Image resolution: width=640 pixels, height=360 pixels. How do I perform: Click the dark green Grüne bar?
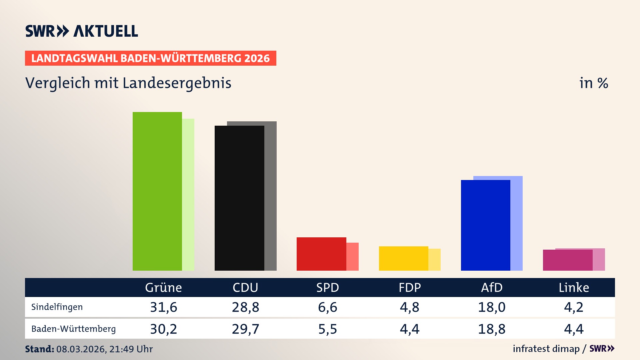tap(157, 192)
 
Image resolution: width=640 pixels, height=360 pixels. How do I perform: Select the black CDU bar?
tap(239, 198)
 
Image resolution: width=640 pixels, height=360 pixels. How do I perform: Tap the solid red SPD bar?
tap(321, 254)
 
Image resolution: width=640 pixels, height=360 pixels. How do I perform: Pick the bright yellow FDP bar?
tap(403, 258)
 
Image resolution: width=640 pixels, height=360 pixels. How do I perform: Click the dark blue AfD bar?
tap(485, 225)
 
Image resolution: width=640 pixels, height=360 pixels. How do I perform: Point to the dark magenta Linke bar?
tap(567, 260)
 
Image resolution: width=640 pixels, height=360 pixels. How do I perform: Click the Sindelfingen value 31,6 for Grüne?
tap(163, 307)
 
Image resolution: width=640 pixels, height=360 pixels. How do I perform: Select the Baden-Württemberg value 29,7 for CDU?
tap(245, 329)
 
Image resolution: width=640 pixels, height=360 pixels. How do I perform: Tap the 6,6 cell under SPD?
tap(327, 307)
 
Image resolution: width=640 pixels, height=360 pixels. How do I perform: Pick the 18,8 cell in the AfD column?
tap(492, 329)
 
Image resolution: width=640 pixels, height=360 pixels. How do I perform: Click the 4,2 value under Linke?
tap(574, 307)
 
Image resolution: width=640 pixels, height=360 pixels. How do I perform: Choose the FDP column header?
tap(410, 287)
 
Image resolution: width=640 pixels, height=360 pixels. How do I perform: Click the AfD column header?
tap(492, 287)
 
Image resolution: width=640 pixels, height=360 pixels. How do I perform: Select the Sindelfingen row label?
tap(57, 307)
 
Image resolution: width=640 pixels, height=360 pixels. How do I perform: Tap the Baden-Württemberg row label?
tap(73, 329)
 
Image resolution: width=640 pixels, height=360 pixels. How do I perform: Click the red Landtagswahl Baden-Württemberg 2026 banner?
tap(150, 58)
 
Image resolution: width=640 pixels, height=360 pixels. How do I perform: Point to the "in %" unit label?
tap(594, 83)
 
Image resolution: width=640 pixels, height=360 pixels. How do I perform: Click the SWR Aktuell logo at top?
tap(82, 31)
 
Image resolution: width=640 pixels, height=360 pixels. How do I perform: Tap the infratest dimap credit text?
tap(546, 349)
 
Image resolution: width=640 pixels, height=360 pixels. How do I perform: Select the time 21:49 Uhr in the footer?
tap(131, 349)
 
